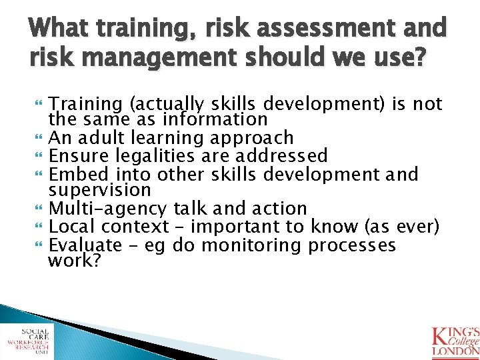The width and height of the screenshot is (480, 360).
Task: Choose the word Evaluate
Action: [x=86, y=245]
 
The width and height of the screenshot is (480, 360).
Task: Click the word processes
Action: [x=352, y=245]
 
